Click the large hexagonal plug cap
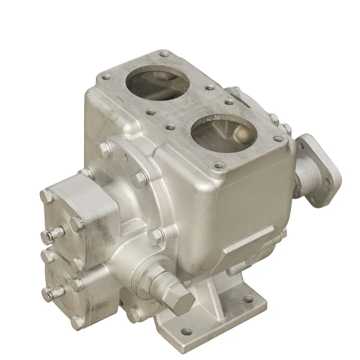point(174,295)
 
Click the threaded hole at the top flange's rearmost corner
point(163,54)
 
